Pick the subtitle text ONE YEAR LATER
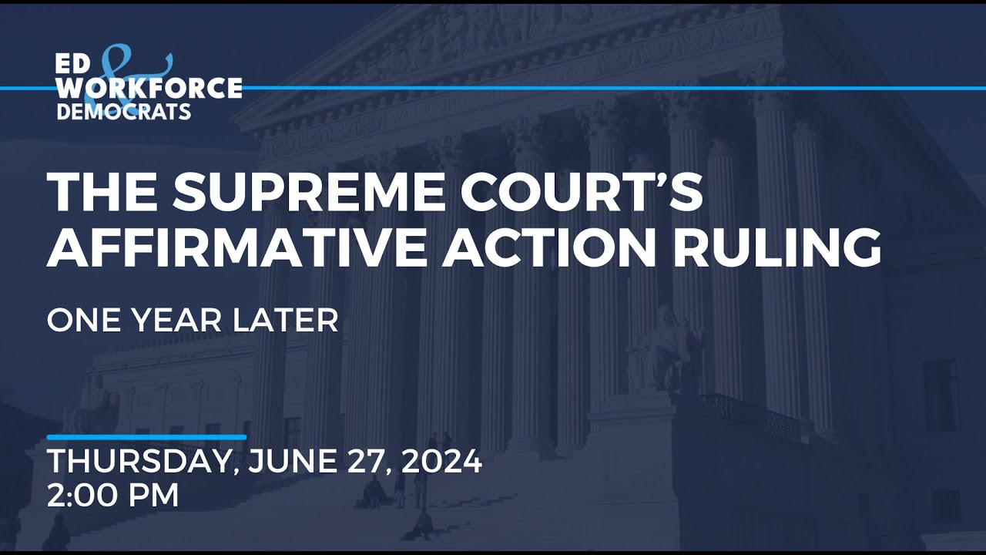[193, 321]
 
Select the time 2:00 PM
[113, 495]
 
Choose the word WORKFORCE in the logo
[149, 89]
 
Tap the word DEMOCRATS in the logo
[123, 112]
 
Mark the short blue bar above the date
[146, 437]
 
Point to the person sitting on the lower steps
[422, 526]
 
